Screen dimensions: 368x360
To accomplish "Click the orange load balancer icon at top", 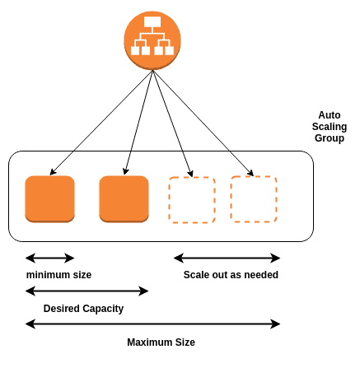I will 152,36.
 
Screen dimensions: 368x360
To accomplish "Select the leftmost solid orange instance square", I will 50,198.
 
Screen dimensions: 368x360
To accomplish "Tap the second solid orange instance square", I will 124,198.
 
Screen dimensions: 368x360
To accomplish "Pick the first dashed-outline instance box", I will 192,199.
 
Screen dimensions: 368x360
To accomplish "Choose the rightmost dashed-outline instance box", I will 254,198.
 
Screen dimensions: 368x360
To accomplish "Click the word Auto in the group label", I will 330,114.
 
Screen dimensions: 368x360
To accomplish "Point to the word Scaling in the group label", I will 330,127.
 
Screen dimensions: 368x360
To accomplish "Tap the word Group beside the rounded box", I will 330,139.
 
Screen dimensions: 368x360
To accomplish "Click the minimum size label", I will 58,275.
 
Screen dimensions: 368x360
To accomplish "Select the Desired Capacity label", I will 83,309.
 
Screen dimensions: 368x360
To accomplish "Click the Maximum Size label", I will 161,342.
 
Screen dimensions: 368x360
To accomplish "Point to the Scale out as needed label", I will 231,275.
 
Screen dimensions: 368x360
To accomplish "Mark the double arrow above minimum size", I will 50,258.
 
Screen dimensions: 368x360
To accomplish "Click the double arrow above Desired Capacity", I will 87,291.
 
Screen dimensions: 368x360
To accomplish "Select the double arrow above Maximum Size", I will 152,324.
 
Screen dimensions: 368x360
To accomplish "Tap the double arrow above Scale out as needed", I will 227,258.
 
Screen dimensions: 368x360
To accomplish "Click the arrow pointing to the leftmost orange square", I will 101,123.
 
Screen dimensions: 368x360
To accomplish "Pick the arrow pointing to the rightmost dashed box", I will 203,123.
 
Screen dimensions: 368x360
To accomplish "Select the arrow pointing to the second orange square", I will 141,123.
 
